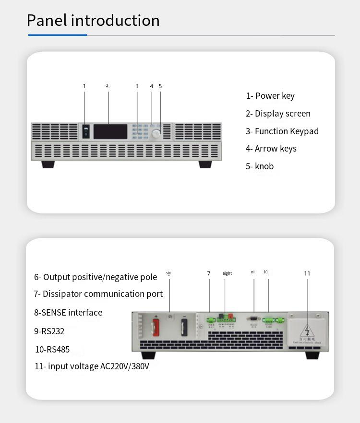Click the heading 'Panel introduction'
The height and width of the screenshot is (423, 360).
click(93, 21)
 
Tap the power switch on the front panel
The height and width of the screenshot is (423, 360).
click(86, 131)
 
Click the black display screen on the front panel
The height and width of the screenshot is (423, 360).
click(110, 131)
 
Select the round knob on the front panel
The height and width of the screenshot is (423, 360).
click(156, 134)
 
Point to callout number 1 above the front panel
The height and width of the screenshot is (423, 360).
click(84, 86)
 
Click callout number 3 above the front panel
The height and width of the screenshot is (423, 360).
click(137, 86)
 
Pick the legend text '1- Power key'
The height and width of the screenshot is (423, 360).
click(270, 96)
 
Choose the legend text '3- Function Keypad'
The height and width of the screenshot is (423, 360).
click(282, 131)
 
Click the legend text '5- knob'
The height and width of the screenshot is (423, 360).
click(260, 166)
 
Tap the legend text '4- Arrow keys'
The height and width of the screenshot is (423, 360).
click(271, 149)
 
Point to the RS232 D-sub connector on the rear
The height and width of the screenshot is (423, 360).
click(253, 318)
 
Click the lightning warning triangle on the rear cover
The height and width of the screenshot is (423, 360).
click(307, 330)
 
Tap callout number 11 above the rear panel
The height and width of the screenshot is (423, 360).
click(307, 274)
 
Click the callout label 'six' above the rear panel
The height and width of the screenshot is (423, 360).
click(168, 273)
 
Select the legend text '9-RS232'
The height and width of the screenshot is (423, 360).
click(49, 331)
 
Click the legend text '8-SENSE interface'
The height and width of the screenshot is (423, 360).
click(68, 313)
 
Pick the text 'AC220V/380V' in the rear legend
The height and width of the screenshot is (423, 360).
click(125, 366)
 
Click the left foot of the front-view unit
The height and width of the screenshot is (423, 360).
click(48, 164)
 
